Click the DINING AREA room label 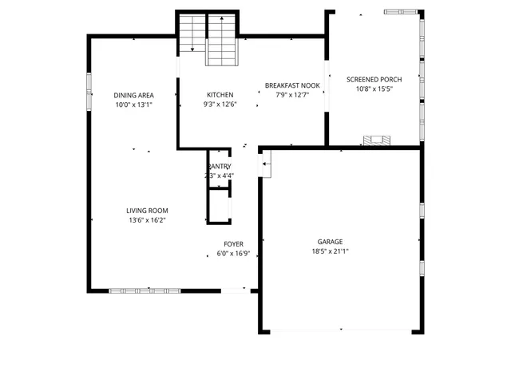[133, 95]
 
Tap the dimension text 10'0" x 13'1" [133, 105]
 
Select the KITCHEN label [220, 95]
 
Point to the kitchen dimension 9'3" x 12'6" [220, 105]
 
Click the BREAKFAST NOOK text [292, 85]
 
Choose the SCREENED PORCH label [374, 80]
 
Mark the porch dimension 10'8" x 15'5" [374, 89]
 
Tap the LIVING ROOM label [146, 211]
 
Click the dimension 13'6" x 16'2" [146, 220]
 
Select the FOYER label [233, 244]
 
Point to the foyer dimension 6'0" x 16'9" [234, 254]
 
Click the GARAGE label [331, 242]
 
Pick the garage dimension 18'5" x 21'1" [331, 251]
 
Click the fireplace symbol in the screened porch [378, 141]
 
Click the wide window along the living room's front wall [145, 290]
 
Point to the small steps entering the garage [267, 165]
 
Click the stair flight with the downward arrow [192, 34]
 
